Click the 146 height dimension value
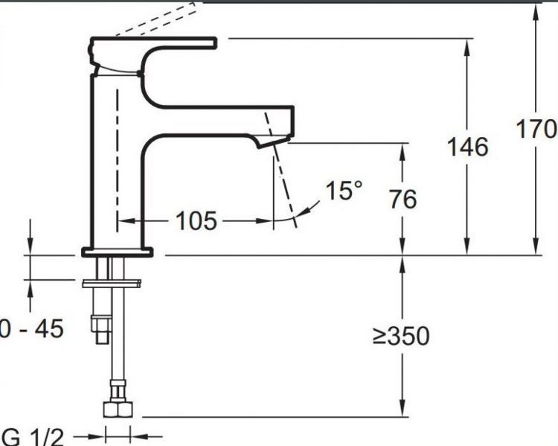(x=467, y=147)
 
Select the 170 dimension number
(x=536, y=129)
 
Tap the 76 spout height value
(x=403, y=200)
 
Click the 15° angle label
(x=344, y=191)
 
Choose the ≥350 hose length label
(x=401, y=337)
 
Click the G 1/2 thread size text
(x=30, y=436)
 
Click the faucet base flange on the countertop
(x=117, y=252)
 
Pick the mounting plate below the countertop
(x=112, y=283)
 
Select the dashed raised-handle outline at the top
(x=160, y=19)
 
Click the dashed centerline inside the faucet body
(x=117, y=149)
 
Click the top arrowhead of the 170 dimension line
(x=536, y=9)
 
